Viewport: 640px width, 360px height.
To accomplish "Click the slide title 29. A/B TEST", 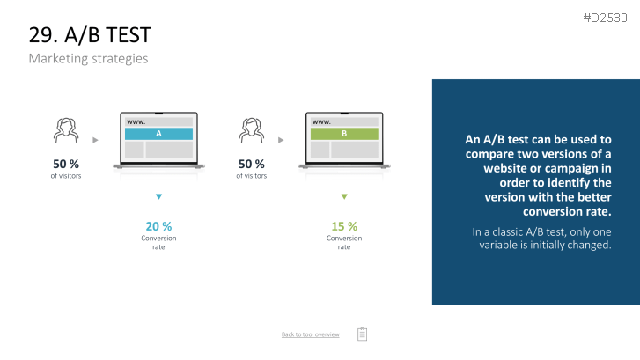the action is tap(90, 34).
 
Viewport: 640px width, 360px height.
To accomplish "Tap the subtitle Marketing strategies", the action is tap(88, 58).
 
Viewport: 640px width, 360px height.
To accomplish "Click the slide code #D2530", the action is tap(605, 18).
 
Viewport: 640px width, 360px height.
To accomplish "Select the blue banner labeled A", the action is tap(158, 134).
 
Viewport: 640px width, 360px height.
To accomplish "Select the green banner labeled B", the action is tap(344, 134).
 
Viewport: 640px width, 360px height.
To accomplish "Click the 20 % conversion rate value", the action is tap(158, 226).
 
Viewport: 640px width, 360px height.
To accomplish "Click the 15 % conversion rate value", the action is tap(344, 226).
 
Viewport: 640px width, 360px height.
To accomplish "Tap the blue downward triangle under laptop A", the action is tap(158, 196).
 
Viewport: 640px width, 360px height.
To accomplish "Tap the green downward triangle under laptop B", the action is tap(344, 196).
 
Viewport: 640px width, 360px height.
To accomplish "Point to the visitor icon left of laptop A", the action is tap(66, 130).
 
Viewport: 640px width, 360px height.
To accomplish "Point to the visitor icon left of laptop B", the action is tap(252, 130).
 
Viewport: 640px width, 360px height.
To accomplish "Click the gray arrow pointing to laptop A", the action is tap(95, 140).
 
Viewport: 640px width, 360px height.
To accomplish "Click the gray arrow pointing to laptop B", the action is tap(281, 140).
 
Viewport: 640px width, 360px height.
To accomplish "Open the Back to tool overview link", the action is tap(310, 334).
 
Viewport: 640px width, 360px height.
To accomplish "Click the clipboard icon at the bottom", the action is tap(362, 334).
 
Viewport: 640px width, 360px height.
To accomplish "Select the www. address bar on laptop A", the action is tap(158, 121).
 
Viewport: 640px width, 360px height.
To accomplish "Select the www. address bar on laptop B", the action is tap(344, 121).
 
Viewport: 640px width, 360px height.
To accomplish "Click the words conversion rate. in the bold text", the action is tap(567, 211).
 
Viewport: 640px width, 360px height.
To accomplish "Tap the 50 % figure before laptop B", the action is tap(252, 164).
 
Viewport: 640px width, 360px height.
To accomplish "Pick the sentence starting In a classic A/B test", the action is tap(541, 239).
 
